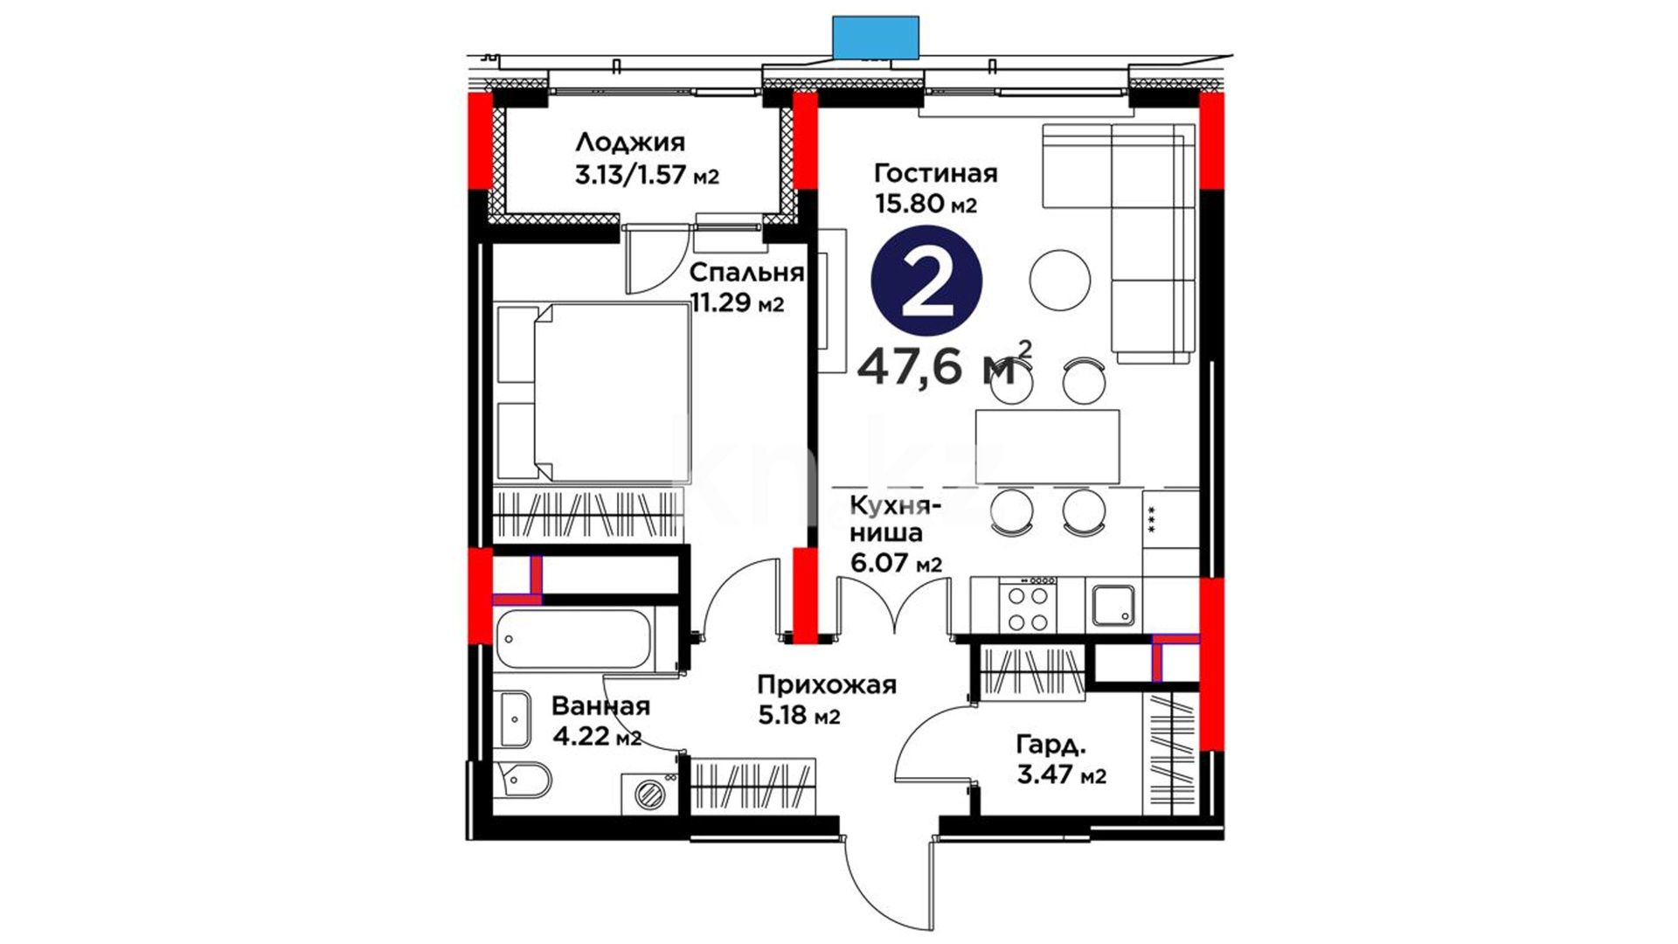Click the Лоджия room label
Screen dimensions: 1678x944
click(630, 142)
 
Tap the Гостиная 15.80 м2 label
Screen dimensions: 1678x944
click(936, 188)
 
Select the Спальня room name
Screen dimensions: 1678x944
click(746, 273)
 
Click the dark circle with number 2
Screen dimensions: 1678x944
click(926, 281)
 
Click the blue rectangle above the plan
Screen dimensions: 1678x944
click(876, 37)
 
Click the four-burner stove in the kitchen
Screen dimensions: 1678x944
click(1029, 605)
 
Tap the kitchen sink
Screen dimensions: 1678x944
click(1113, 605)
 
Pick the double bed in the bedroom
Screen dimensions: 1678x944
click(592, 392)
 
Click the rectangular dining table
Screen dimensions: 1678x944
click(1047, 447)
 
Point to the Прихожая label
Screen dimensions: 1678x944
click(827, 684)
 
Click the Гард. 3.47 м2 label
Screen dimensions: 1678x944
click(1061, 760)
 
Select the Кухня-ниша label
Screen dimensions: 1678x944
click(896, 519)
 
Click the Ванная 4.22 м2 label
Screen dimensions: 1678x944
click(600, 721)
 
